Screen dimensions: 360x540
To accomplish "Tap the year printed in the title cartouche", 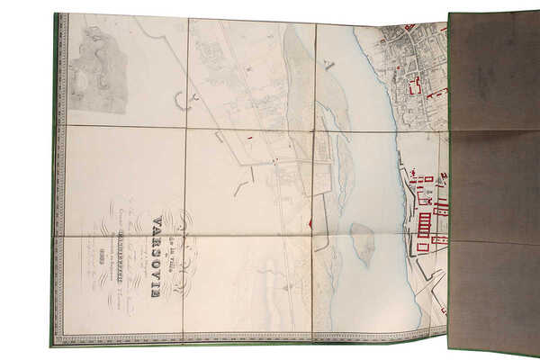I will [135, 274].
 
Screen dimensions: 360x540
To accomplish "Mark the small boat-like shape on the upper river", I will [328, 65].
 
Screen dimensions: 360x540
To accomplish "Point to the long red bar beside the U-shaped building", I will [436, 93].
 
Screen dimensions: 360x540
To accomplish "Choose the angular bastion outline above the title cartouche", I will [240, 187].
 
